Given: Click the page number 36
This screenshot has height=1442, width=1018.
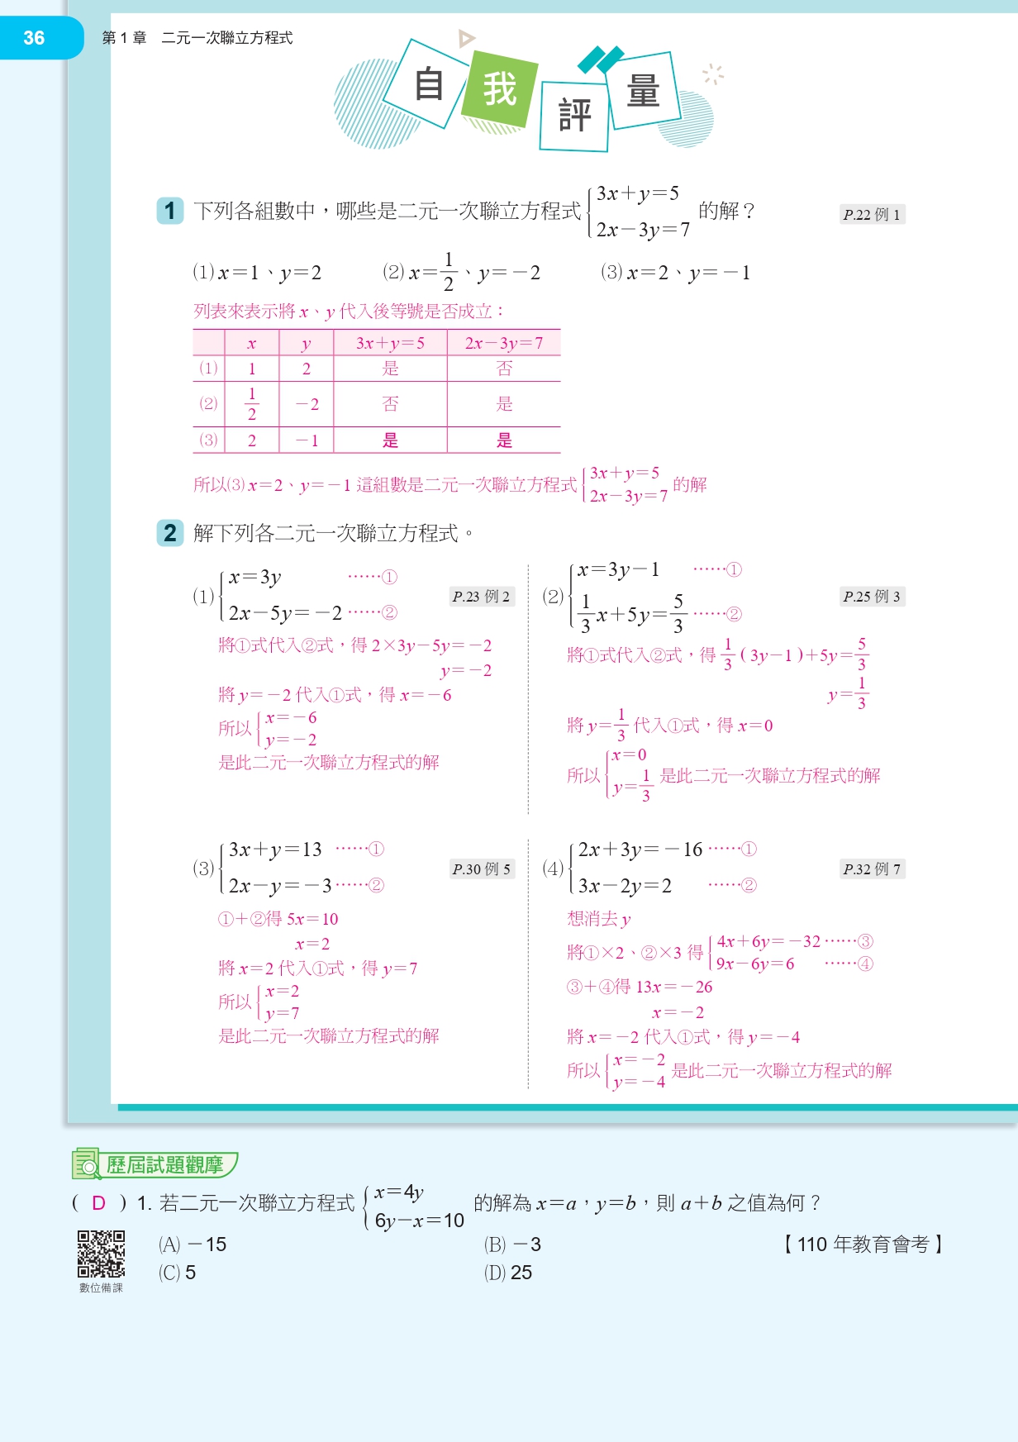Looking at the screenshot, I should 34,38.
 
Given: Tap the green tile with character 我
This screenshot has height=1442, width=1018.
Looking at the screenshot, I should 499,89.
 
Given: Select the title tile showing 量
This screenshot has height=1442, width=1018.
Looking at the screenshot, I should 644,90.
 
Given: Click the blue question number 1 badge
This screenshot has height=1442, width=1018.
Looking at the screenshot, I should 170,211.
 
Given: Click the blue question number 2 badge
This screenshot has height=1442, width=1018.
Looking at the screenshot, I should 170,533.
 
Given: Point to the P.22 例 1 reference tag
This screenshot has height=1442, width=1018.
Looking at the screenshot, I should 872,215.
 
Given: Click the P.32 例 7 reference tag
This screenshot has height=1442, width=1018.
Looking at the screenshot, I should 872,869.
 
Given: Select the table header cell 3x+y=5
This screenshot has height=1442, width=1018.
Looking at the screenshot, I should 390,343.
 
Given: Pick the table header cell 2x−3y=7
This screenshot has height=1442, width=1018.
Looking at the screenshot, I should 504,343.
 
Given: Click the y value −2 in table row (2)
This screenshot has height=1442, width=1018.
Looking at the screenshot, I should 307,404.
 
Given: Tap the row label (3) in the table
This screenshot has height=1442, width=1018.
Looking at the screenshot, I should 208,440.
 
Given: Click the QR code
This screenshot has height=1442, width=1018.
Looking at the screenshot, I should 101,1254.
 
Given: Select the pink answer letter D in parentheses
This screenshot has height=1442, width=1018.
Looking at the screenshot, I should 99,1203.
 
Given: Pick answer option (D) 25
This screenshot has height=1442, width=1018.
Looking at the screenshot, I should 508,1273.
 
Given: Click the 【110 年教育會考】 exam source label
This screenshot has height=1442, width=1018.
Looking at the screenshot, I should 863,1244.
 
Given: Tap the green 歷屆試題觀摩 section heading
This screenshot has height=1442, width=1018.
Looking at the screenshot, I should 164,1165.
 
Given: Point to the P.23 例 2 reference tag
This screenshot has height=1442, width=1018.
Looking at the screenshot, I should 481,597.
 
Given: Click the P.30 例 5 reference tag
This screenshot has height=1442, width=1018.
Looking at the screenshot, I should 481,869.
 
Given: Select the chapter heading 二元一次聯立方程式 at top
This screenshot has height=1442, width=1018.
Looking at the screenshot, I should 226,38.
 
